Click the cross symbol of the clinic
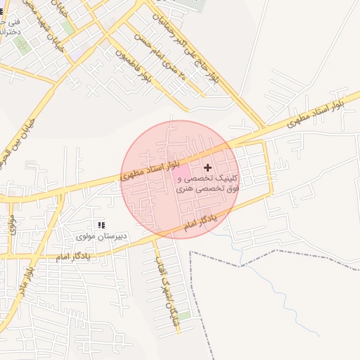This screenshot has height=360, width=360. [x=207, y=167]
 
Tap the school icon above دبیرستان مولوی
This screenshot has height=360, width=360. [x=101, y=225]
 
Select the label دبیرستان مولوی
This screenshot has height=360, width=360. [x=102, y=236]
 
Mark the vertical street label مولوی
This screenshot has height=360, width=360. [x=12, y=224]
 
